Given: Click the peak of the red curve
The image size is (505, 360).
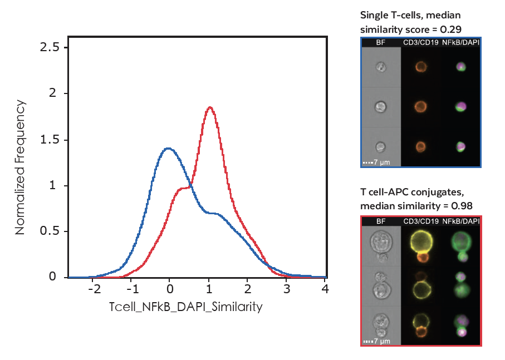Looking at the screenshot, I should pyautogui.click(x=209, y=107).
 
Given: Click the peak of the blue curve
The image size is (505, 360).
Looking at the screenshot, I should pyautogui.click(x=168, y=148).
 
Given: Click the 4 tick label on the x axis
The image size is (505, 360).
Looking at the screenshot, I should pyautogui.click(x=325, y=290).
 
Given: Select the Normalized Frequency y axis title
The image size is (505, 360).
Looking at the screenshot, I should pyautogui.click(x=20, y=167).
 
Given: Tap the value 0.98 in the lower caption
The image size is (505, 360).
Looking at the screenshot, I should pyautogui.click(x=462, y=206).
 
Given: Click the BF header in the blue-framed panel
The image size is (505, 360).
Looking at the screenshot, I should pyautogui.click(x=381, y=42).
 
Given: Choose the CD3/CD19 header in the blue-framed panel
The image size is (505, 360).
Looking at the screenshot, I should pyautogui.click(x=420, y=42).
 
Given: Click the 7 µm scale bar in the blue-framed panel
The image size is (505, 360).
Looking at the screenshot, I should pyautogui.click(x=377, y=162).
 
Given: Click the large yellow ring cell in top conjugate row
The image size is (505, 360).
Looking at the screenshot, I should pyautogui.click(x=421, y=243).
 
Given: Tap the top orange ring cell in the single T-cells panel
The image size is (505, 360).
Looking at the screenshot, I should pyautogui.click(x=420, y=67).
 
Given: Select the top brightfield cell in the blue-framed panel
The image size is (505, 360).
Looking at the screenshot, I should pyautogui.click(x=381, y=67).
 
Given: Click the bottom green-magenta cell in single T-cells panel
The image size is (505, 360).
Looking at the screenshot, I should pyautogui.click(x=460, y=146).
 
